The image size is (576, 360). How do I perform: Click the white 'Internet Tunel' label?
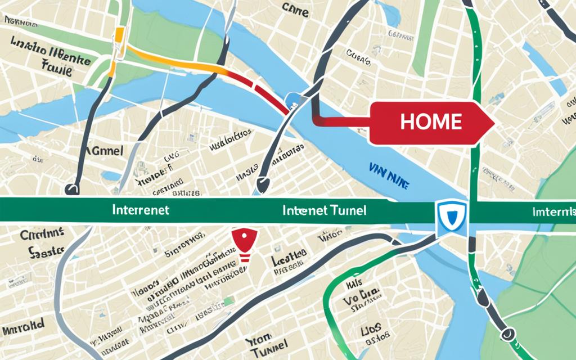click(325, 210)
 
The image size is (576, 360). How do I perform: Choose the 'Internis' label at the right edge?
click(553, 212)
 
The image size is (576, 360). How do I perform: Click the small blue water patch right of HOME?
click(558, 87)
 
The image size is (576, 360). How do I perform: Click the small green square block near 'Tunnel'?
click(229, 301)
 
